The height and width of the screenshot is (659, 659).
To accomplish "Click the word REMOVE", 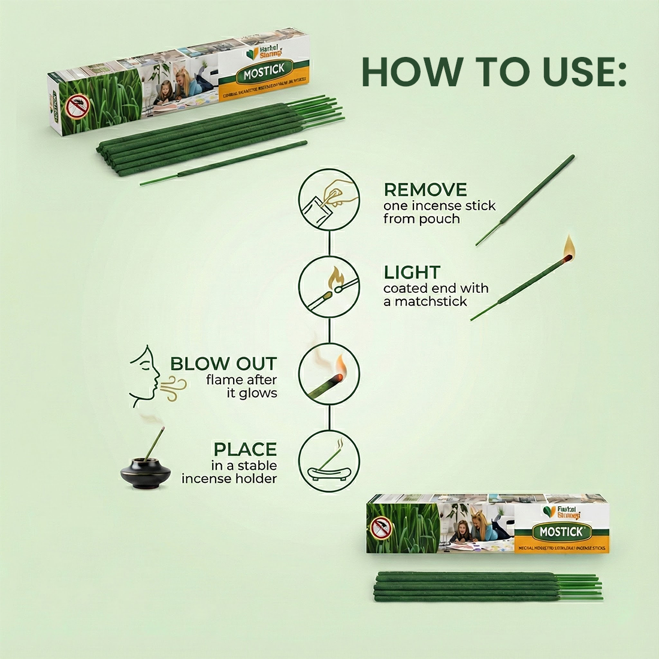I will pos(425,190).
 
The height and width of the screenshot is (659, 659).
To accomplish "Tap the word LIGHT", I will pos(412,273).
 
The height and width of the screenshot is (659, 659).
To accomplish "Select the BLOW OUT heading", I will pos(223,364).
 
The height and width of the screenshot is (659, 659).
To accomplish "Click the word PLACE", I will pos(245,449).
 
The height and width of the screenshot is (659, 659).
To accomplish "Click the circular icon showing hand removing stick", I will pos(329,197).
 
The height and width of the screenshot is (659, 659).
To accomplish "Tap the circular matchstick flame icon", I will pos(329,286).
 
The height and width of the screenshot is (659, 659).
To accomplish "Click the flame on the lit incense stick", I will pos(568,246).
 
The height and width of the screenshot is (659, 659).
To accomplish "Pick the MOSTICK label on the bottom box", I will pos(557,531).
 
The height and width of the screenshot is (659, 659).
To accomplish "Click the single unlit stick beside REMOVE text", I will pos(525,201).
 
